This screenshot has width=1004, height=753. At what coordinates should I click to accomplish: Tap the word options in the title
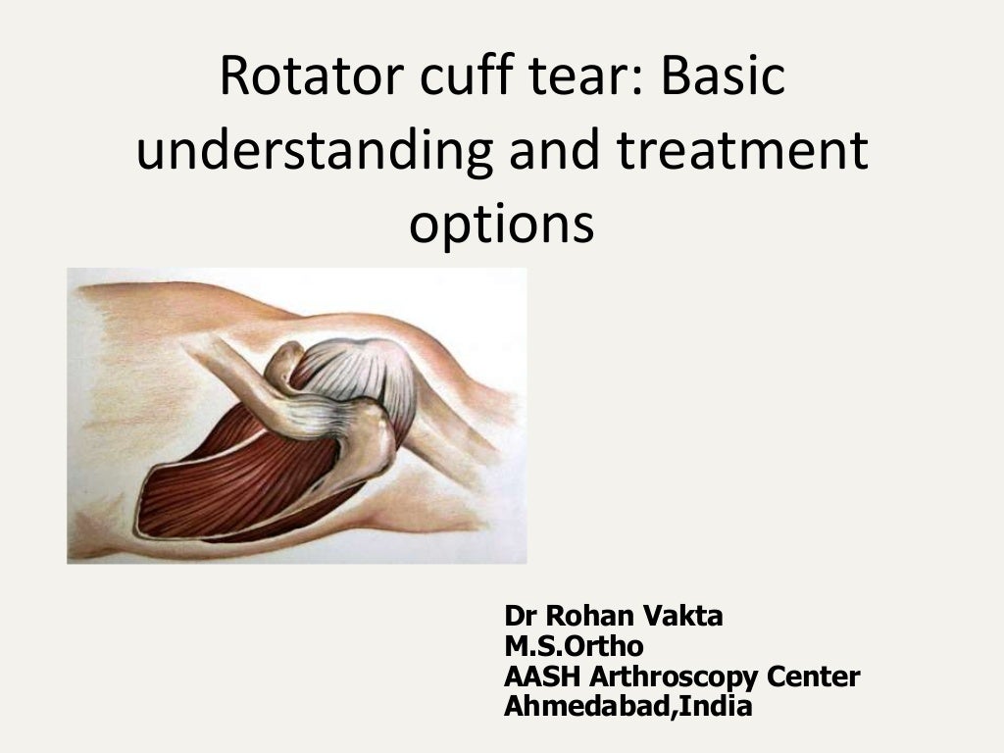coord(501,226)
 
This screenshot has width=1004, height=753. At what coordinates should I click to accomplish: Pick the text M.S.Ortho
coord(574,646)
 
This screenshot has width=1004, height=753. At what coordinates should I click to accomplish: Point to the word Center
coord(814,677)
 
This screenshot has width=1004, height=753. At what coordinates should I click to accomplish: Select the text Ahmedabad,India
coord(627,706)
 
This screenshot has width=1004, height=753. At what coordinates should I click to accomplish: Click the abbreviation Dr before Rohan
coord(521,617)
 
